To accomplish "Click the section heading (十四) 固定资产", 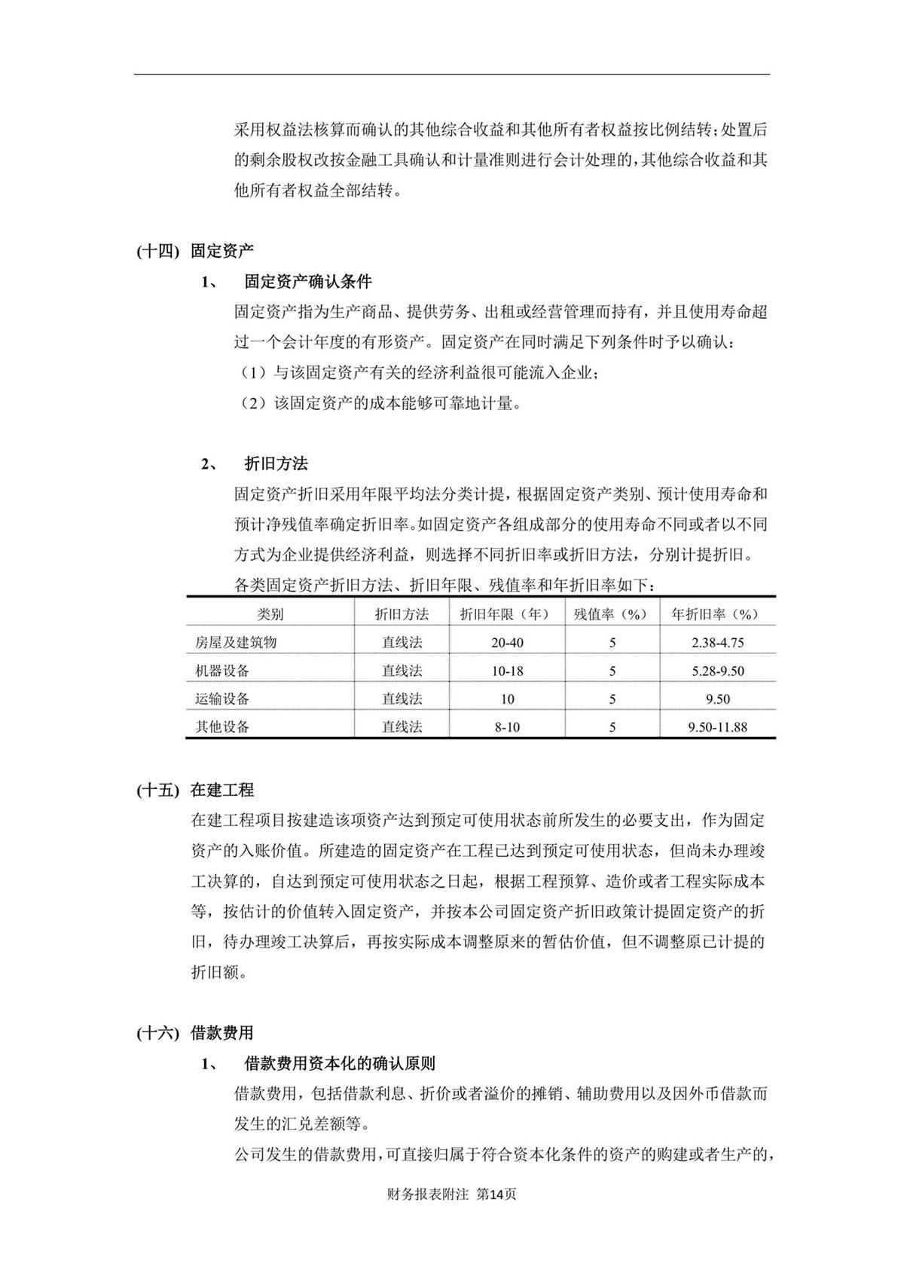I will tap(195, 251).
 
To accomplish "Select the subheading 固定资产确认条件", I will tap(307, 282).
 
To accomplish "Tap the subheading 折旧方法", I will tap(276, 463).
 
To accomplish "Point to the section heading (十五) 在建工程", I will tap(195, 790).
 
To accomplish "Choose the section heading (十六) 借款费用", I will tap(195, 1033).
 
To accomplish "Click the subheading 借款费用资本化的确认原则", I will tap(339, 1064).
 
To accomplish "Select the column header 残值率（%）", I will tap(611, 614).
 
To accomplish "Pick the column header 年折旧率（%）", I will tap(716, 614).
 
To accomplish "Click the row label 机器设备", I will tap(222, 671).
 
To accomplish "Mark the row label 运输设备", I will tap(222, 699).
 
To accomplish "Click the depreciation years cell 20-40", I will tap(507, 643).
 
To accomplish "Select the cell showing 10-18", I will tap(507, 671).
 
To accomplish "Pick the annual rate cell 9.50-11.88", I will tap(717, 727).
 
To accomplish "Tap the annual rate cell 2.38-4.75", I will tap(717, 643).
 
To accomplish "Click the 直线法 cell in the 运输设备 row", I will tap(402, 699).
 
